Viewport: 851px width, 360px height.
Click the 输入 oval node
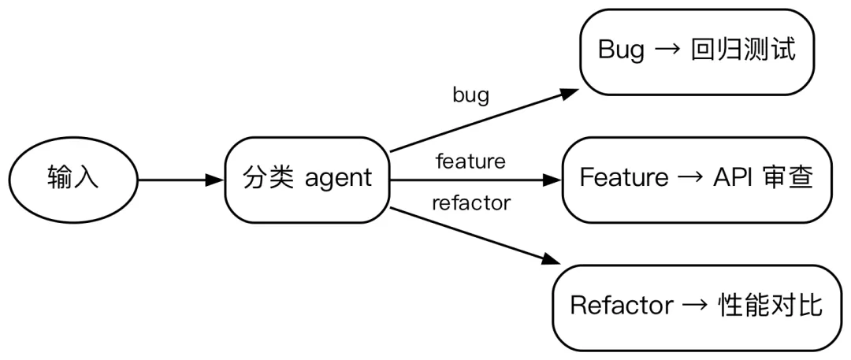click(73, 180)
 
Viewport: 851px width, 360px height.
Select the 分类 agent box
click(308, 180)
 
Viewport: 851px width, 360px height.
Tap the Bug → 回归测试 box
click(697, 52)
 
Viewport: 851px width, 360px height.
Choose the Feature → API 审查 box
click(697, 180)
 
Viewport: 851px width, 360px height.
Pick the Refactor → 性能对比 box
click(697, 307)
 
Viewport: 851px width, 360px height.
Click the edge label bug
click(470, 95)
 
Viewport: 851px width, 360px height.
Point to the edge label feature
click(470, 161)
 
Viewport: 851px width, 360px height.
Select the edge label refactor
click(471, 203)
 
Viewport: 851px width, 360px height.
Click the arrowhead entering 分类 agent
click(214, 180)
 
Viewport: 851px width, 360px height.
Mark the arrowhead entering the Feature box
click(551, 180)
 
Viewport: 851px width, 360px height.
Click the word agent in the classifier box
click(339, 179)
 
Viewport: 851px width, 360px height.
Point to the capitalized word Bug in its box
click(622, 51)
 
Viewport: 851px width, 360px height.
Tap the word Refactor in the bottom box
click(622, 306)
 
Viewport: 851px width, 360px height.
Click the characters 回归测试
click(744, 50)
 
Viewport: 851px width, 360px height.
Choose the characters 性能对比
click(770, 306)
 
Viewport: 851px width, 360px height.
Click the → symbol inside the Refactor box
click(695, 306)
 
